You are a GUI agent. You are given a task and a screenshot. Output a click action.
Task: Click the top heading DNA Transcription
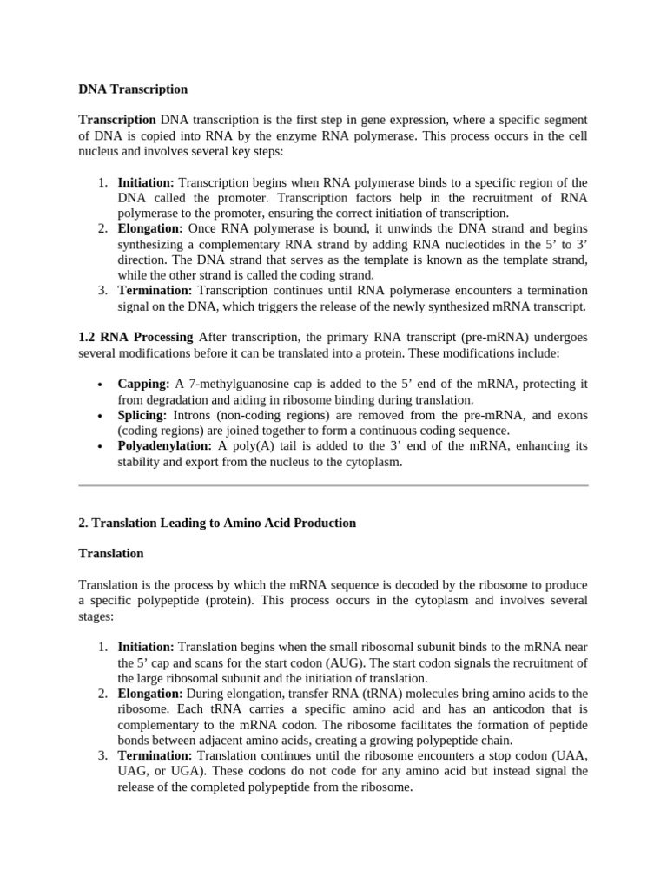(133, 89)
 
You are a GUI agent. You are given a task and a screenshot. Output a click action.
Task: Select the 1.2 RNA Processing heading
(137, 337)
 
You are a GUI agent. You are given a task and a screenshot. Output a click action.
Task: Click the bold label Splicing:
(142, 415)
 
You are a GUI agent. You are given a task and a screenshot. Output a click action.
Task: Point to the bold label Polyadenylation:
(165, 445)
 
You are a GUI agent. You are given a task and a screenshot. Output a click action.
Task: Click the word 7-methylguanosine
(237, 384)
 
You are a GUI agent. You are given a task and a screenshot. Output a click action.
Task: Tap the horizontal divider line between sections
(333, 485)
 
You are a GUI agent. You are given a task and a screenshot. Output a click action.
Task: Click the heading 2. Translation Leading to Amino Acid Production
(217, 523)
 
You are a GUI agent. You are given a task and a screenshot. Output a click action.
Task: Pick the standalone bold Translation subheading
(111, 553)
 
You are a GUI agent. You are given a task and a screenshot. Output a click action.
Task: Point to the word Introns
(195, 415)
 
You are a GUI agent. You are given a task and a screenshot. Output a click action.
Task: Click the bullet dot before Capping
(101, 385)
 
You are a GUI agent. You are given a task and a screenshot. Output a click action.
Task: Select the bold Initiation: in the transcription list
(146, 182)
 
